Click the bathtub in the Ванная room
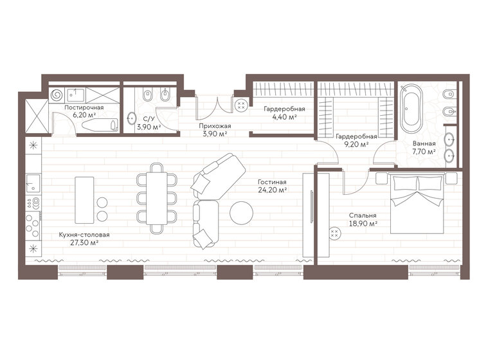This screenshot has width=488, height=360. click(x=411, y=107)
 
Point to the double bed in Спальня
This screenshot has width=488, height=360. click(x=419, y=203)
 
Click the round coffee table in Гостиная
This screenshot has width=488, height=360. click(x=242, y=212)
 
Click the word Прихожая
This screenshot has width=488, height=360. click(x=215, y=126)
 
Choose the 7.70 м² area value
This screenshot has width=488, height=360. click(x=424, y=152)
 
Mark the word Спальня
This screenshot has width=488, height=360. click(x=363, y=215)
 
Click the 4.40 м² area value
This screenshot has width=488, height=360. click(x=283, y=118)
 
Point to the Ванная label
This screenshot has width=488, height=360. click(x=424, y=144)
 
